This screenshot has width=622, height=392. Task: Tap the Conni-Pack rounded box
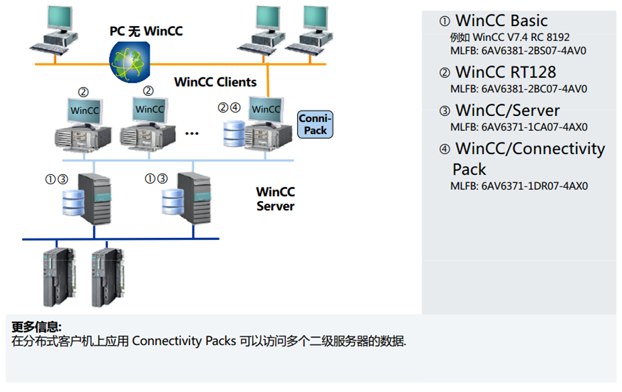coord(315,125)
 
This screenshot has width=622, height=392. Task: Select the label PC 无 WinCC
coord(146,31)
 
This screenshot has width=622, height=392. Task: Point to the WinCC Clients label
coord(215,82)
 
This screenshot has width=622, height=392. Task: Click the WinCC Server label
coord(275,199)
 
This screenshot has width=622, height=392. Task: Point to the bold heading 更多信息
coord(37,327)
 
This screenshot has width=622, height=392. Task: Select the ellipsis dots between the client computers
coord(193,133)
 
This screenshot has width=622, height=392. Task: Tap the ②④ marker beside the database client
coord(229,107)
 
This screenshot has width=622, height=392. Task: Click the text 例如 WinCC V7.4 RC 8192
coord(510,38)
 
